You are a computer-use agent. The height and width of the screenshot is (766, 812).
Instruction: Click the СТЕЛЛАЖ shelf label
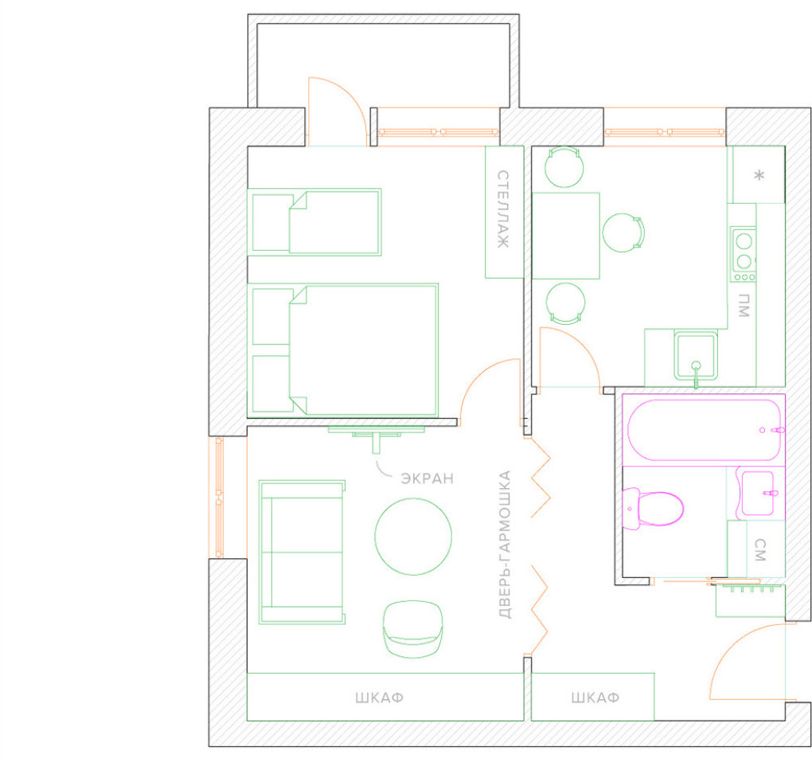coord(503,209)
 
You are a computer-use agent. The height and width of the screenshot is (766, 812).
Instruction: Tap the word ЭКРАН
coord(427,478)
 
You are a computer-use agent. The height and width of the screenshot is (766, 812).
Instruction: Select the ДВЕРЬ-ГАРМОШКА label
coord(505,545)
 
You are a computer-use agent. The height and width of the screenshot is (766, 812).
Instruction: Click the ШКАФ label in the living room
coord(380,698)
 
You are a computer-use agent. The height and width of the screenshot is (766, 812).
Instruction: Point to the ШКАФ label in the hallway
coord(595,698)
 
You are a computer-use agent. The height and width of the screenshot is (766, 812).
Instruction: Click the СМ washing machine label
coord(759,550)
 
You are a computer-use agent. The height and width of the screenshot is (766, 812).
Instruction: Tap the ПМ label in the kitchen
coord(744,305)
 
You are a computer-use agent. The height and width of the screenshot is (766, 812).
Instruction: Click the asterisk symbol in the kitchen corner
coord(759,175)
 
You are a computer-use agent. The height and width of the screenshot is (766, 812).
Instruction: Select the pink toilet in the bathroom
coord(652,509)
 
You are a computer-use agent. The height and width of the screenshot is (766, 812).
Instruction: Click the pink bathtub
coord(704,430)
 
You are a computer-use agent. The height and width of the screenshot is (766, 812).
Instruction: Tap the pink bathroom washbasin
coord(758,494)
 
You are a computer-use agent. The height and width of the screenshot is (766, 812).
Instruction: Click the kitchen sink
coord(696,357)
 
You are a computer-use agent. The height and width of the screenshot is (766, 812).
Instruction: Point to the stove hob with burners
coord(743,254)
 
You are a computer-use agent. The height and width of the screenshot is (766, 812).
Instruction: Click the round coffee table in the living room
coord(413,537)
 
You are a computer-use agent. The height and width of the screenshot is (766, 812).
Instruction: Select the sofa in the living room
coord(302,552)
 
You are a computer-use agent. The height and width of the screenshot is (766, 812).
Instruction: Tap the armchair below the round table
coord(412,629)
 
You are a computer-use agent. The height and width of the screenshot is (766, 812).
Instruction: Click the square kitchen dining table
coord(566,236)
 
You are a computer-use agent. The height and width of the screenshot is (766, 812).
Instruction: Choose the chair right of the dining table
coord(623,233)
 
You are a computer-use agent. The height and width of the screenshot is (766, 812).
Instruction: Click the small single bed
coord(314,222)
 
